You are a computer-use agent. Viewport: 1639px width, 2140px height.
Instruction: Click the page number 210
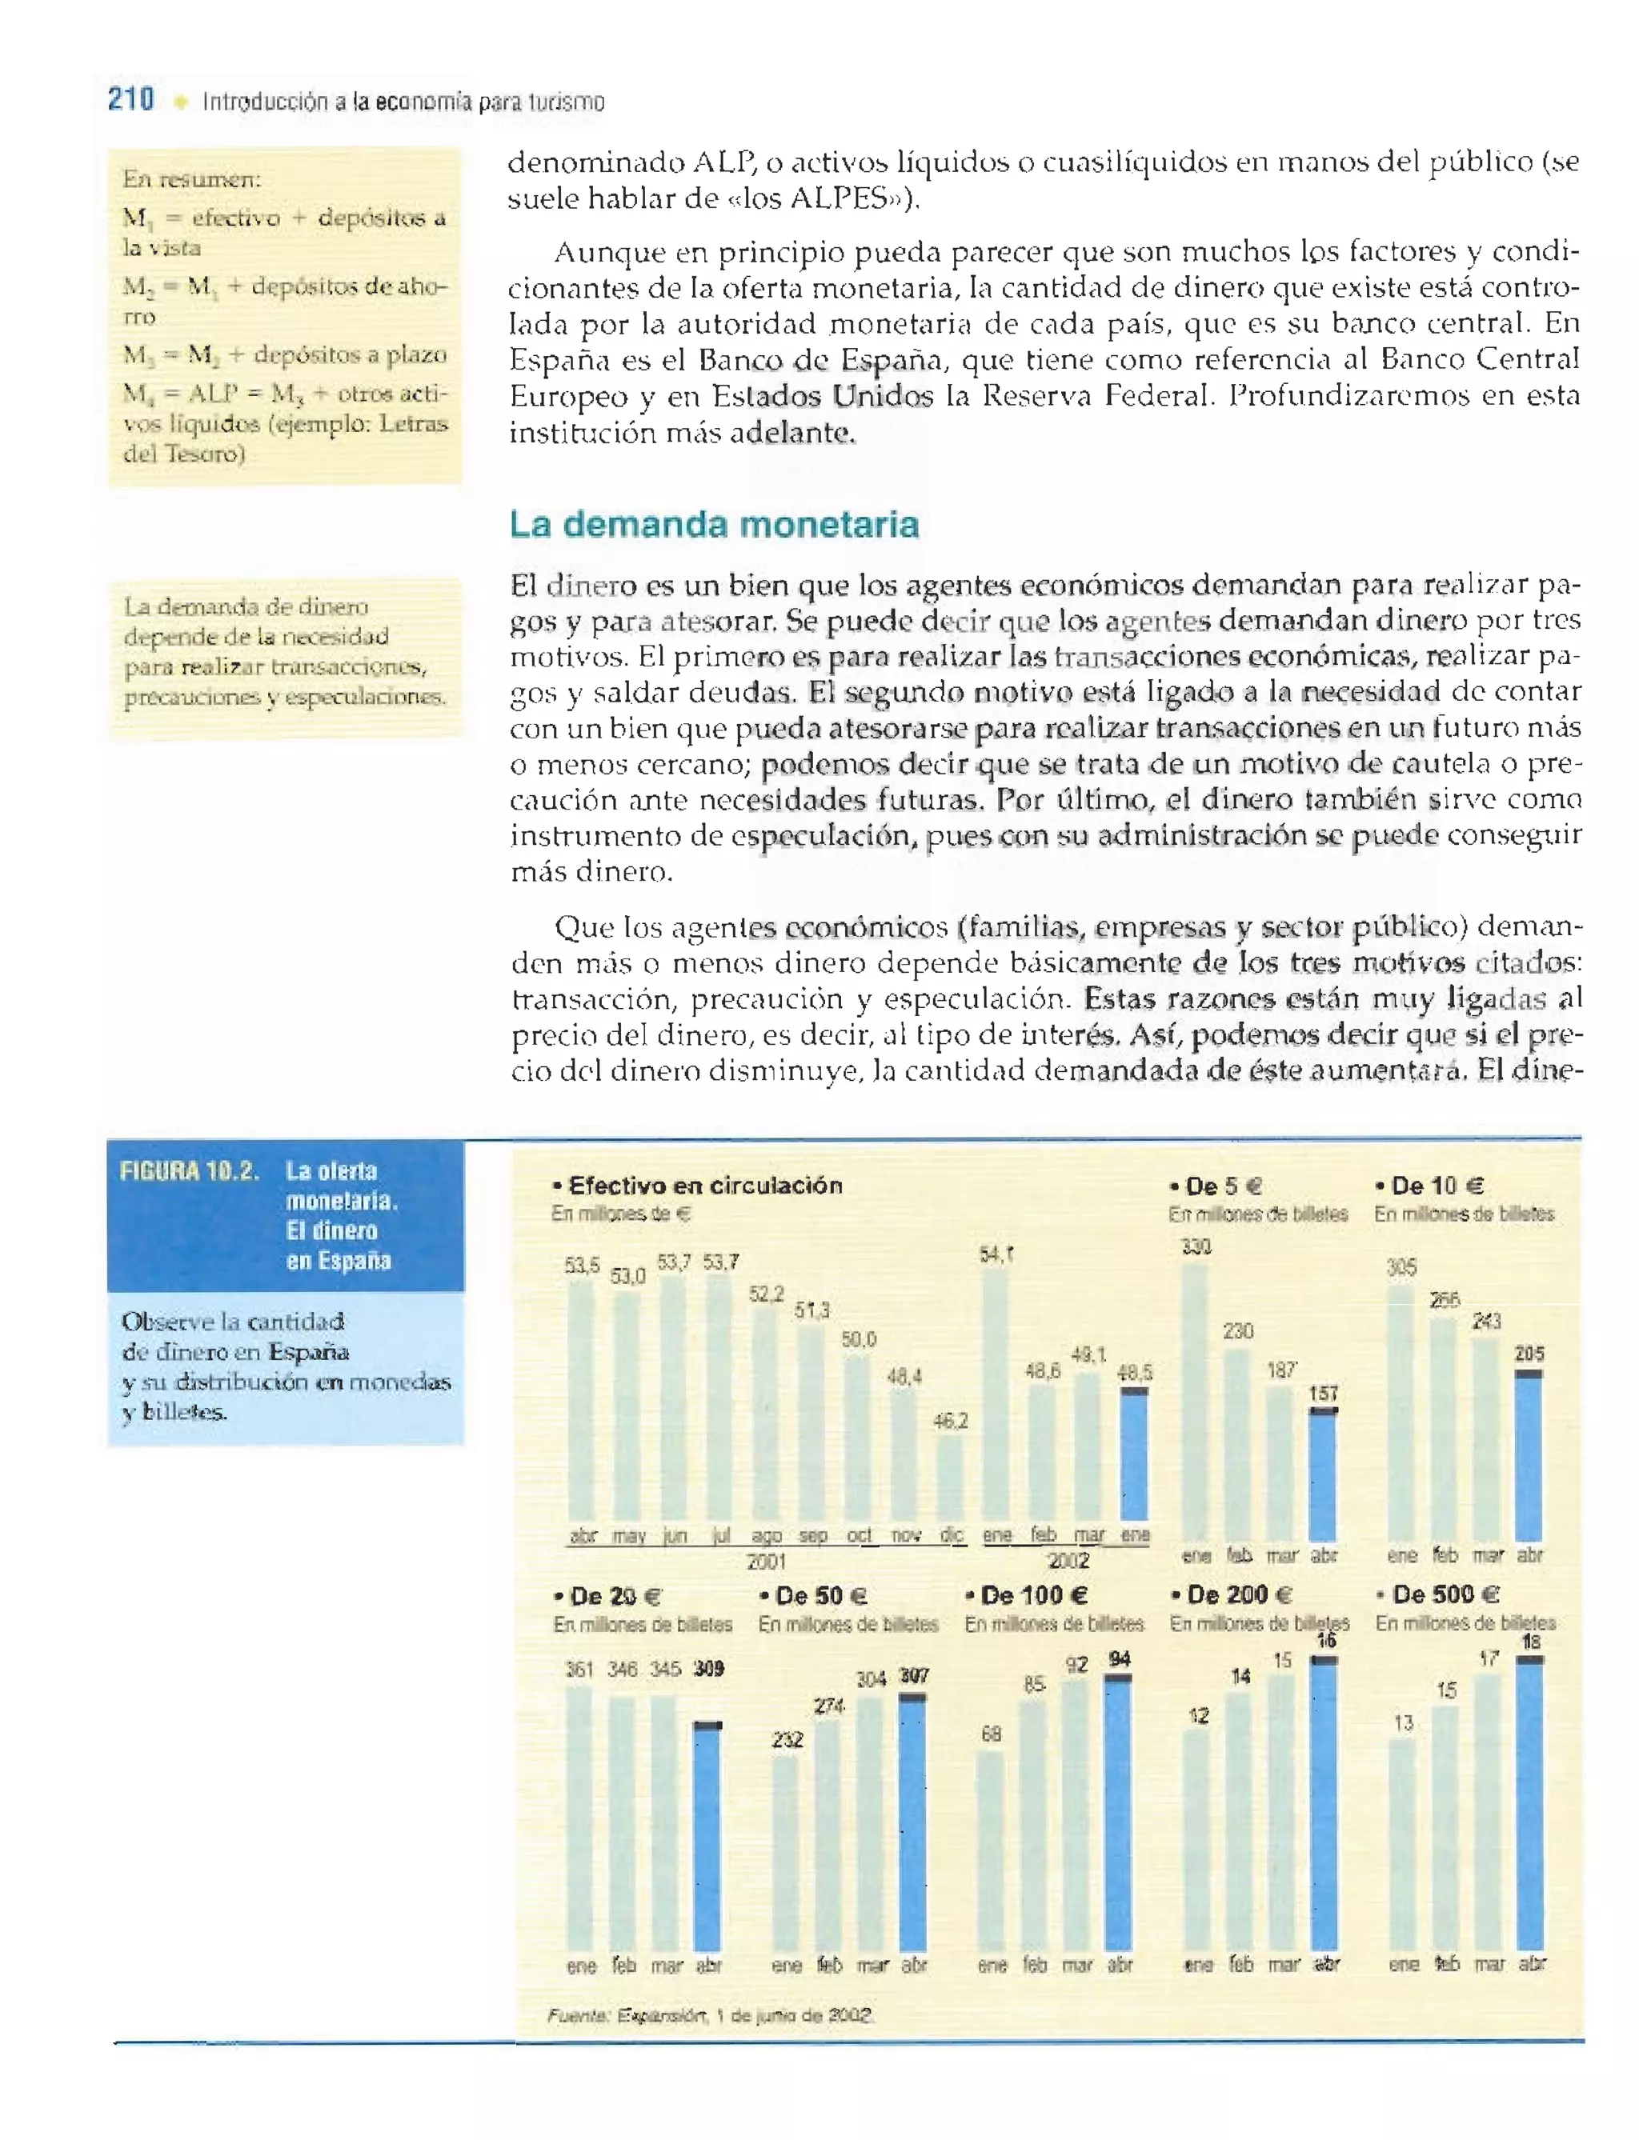[130, 99]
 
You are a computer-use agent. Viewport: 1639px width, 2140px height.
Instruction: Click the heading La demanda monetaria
[713, 525]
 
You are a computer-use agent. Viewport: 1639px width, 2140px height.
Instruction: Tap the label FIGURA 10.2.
[188, 1171]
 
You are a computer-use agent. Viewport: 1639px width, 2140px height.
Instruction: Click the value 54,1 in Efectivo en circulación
[996, 1254]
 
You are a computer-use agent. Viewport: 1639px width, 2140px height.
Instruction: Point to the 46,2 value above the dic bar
[950, 1421]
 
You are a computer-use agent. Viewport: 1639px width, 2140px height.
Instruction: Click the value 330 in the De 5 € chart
[1196, 1246]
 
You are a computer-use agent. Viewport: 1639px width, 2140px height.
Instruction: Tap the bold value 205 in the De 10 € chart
[1529, 1354]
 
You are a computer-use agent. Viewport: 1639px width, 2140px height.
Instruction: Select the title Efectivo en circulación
[704, 1185]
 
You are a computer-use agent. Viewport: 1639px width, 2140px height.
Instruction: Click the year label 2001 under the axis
[767, 1562]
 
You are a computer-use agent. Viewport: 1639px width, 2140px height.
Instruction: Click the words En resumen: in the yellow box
[191, 178]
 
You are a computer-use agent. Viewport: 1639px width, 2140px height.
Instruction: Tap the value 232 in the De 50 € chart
[787, 1739]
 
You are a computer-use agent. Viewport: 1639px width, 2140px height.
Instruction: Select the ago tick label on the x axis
[766, 1536]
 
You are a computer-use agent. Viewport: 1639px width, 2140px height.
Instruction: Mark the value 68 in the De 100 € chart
[992, 1734]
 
